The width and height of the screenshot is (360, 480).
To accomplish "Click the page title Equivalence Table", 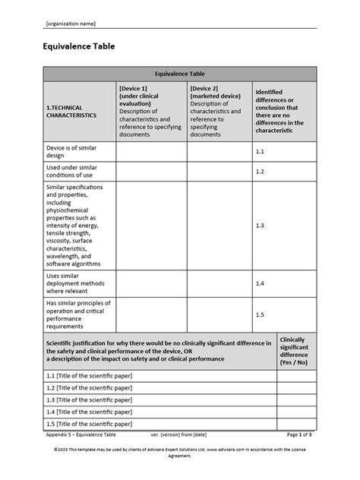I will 79,46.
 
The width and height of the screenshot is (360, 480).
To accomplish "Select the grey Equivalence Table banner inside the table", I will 179,74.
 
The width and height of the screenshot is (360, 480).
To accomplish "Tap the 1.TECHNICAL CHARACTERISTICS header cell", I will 72,112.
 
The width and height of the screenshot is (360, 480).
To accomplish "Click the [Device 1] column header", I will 150,111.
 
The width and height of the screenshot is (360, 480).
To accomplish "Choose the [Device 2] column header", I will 219,111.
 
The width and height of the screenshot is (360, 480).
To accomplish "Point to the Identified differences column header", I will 284,111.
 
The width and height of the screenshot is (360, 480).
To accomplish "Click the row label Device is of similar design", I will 72,151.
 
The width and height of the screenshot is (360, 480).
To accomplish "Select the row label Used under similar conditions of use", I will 72,171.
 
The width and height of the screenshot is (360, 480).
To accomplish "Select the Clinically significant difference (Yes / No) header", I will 294,351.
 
